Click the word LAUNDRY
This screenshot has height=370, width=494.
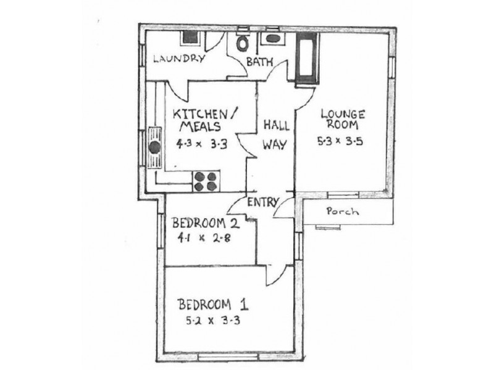tap(178, 59)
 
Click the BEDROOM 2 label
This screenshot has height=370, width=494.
tap(203, 223)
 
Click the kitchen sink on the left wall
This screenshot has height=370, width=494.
tap(153, 147)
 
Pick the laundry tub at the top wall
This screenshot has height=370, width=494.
tap(188, 36)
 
